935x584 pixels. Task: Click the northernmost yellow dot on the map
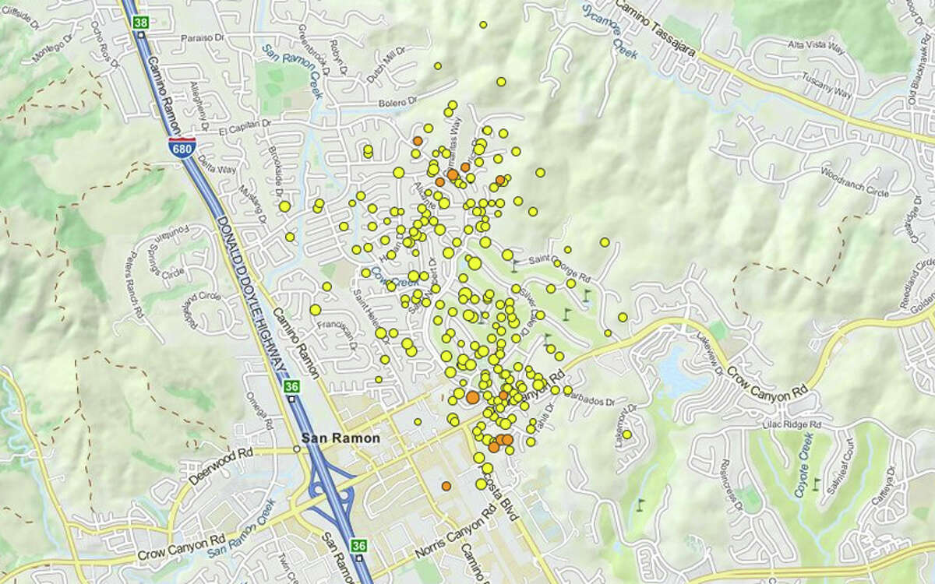(x=483, y=25)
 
